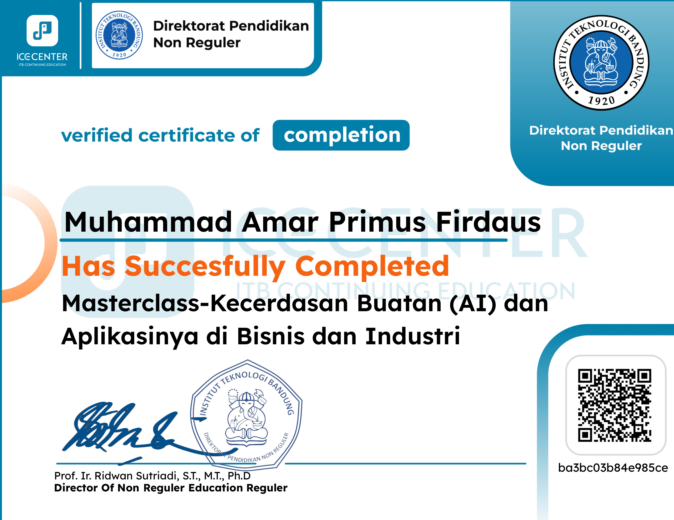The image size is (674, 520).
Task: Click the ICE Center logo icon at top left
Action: (42, 31)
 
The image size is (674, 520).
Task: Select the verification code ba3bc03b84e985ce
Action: (613, 468)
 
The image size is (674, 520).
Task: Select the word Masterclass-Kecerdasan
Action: (205, 304)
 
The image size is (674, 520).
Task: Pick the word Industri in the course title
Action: (413, 336)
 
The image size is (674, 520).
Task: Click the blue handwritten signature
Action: (123, 428)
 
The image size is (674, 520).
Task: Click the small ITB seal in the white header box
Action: (119, 35)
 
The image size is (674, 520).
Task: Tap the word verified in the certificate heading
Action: (97, 136)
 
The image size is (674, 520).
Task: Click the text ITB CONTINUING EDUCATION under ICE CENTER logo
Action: (42, 65)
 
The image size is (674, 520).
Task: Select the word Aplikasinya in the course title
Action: (130, 336)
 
